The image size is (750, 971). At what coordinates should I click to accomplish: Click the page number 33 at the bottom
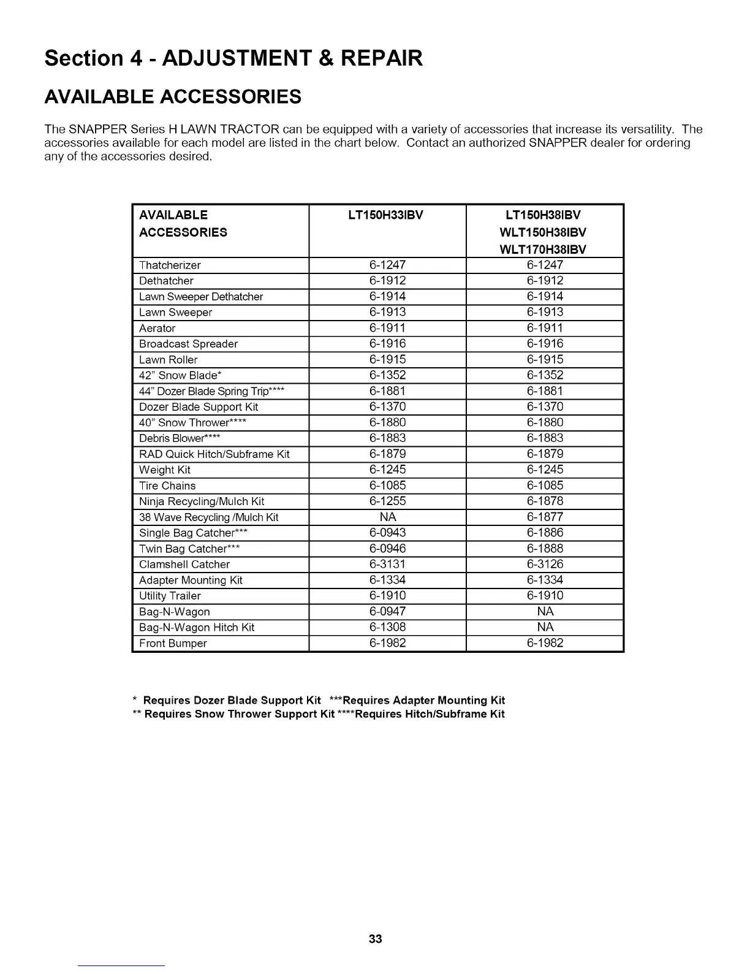[376, 939]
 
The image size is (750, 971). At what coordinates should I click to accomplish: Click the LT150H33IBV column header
[387, 215]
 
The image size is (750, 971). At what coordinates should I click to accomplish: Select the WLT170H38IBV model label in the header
[544, 249]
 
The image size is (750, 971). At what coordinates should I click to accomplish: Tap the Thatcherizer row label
[170, 265]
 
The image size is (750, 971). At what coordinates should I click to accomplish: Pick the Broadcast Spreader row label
[188, 344]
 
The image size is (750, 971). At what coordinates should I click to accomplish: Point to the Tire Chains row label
[167, 486]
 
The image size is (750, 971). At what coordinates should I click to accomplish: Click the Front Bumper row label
[173, 644]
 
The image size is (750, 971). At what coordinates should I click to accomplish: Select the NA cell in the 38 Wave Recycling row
[387, 517]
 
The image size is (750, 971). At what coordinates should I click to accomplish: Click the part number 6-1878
[545, 501]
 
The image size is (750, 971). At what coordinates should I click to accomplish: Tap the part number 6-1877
[545, 517]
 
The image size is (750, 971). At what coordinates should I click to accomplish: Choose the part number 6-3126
[545, 565]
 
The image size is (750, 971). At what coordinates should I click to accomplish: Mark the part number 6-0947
[387, 612]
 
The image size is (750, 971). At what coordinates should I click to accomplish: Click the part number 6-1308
[387, 628]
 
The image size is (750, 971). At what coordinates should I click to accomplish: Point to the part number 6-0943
[387, 533]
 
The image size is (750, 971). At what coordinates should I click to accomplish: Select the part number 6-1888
[545, 549]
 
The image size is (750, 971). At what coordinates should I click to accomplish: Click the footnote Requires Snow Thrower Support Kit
[239, 714]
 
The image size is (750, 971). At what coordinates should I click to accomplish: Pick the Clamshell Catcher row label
[184, 565]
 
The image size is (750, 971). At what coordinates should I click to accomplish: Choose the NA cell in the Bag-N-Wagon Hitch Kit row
[545, 628]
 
